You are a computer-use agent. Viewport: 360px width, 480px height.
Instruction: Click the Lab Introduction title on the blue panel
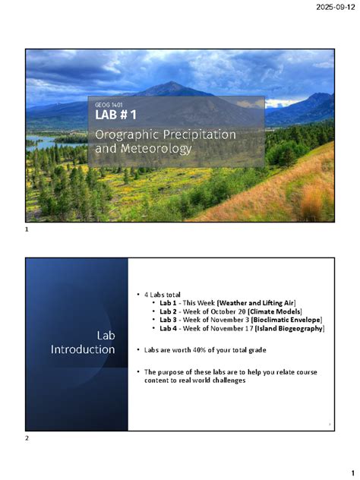tap(84, 342)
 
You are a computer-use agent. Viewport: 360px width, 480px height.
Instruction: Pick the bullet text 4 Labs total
tap(162, 293)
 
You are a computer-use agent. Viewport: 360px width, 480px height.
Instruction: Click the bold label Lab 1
tap(167, 302)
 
